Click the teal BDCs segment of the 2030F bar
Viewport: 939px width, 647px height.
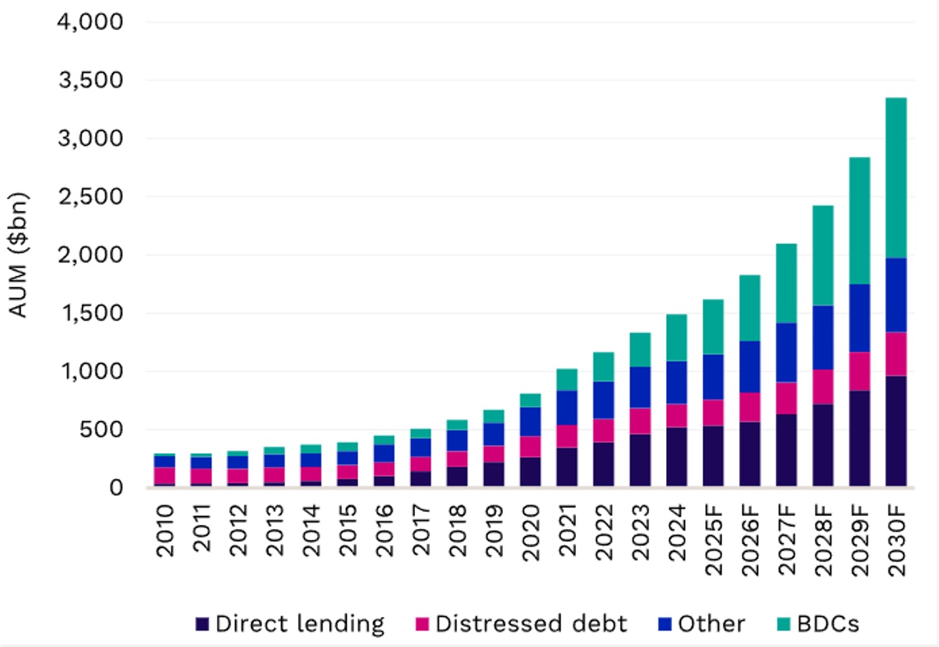coord(896,178)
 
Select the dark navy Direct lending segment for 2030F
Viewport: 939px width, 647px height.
coord(896,431)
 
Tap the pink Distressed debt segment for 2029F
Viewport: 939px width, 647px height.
coord(860,371)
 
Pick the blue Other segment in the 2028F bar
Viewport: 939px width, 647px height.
coord(823,338)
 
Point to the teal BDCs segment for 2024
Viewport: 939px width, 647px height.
coord(676,338)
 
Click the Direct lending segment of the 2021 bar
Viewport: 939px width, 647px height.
coord(567,467)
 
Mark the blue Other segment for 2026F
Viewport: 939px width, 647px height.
coord(750,367)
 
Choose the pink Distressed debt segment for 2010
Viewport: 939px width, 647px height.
coord(164,476)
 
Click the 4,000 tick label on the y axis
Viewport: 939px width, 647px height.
coord(90,21)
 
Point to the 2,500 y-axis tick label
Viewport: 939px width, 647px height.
coord(91,197)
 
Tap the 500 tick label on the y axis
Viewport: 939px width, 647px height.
coord(101,429)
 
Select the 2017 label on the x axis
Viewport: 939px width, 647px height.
coord(421,530)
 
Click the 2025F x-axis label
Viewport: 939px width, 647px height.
coord(714,540)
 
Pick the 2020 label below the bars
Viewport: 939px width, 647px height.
coord(531,532)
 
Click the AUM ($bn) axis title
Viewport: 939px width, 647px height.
coord(18,255)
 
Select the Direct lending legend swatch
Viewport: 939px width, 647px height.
coord(202,624)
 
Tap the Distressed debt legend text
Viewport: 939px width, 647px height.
coord(531,624)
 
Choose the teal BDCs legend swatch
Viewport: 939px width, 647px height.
coord(783,624)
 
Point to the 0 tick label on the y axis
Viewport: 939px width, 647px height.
coord(116,488)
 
